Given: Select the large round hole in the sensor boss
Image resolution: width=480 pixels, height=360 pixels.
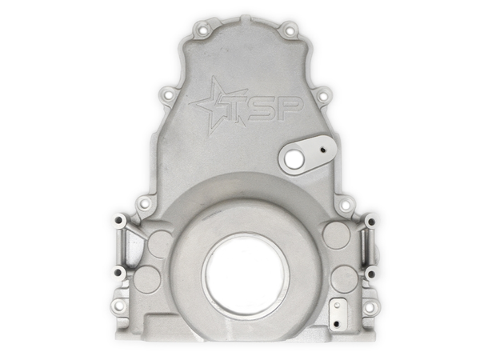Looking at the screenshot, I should click(x=294, y=159).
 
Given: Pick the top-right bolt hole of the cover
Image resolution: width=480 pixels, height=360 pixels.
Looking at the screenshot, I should click(x=290, y=30).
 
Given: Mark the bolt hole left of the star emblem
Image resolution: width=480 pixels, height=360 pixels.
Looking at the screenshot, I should click(x=168, y=96).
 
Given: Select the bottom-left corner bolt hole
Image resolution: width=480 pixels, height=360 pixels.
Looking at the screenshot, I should click(x=119, y=306).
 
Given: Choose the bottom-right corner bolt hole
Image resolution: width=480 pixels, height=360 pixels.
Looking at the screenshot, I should click(x=370, y=306).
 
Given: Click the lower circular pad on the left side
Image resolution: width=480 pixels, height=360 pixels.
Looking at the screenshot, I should click(x=146, y=279).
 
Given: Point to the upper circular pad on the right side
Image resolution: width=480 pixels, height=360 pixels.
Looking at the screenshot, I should click(x=336, y=234).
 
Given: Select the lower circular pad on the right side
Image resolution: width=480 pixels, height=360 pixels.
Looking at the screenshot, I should click(x=344, y=278).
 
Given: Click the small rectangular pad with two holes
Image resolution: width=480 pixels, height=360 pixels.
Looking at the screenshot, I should click(x=340, y=314).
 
